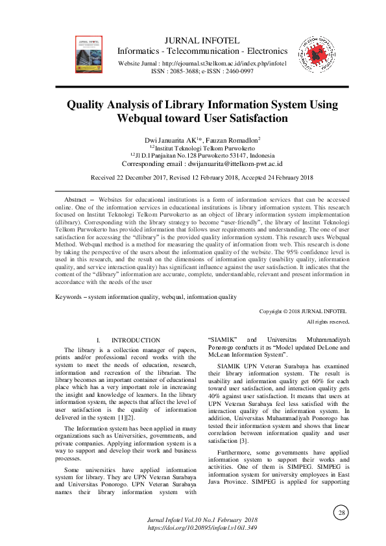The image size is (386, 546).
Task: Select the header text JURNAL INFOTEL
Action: (202, 40)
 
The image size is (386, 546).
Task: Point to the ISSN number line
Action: (202, 71)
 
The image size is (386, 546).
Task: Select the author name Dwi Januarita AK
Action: (170, 140)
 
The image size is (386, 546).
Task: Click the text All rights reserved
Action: (328, 322)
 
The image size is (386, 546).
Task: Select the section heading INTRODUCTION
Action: (136, 340)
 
